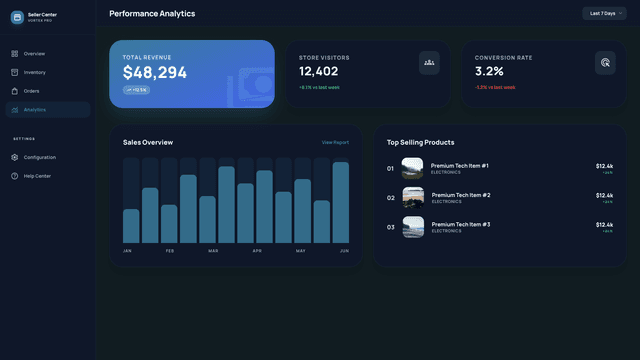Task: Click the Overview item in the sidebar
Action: point(34,53)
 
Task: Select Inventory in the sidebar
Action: point(34,72)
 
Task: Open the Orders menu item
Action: point(31,91)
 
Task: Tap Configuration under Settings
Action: point(39,157)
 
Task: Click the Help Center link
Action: point(37,176)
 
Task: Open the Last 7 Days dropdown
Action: point(605,14)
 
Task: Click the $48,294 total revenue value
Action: point(155,73)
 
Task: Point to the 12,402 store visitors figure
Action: point(319,72)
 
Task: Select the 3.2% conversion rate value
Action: point(489,72)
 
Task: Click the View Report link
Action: point(335,143)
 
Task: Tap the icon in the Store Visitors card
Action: point(429,63)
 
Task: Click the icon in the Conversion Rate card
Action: point(605,63)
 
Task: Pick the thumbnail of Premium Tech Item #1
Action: point(413,168)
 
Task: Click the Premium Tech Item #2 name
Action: point(460,195)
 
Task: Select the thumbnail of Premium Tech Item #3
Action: point(413,227)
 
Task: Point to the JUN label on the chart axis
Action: point(344,250)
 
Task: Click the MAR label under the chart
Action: point(213,250)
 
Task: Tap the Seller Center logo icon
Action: point(17,17)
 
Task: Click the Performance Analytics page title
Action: point(152,14)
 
